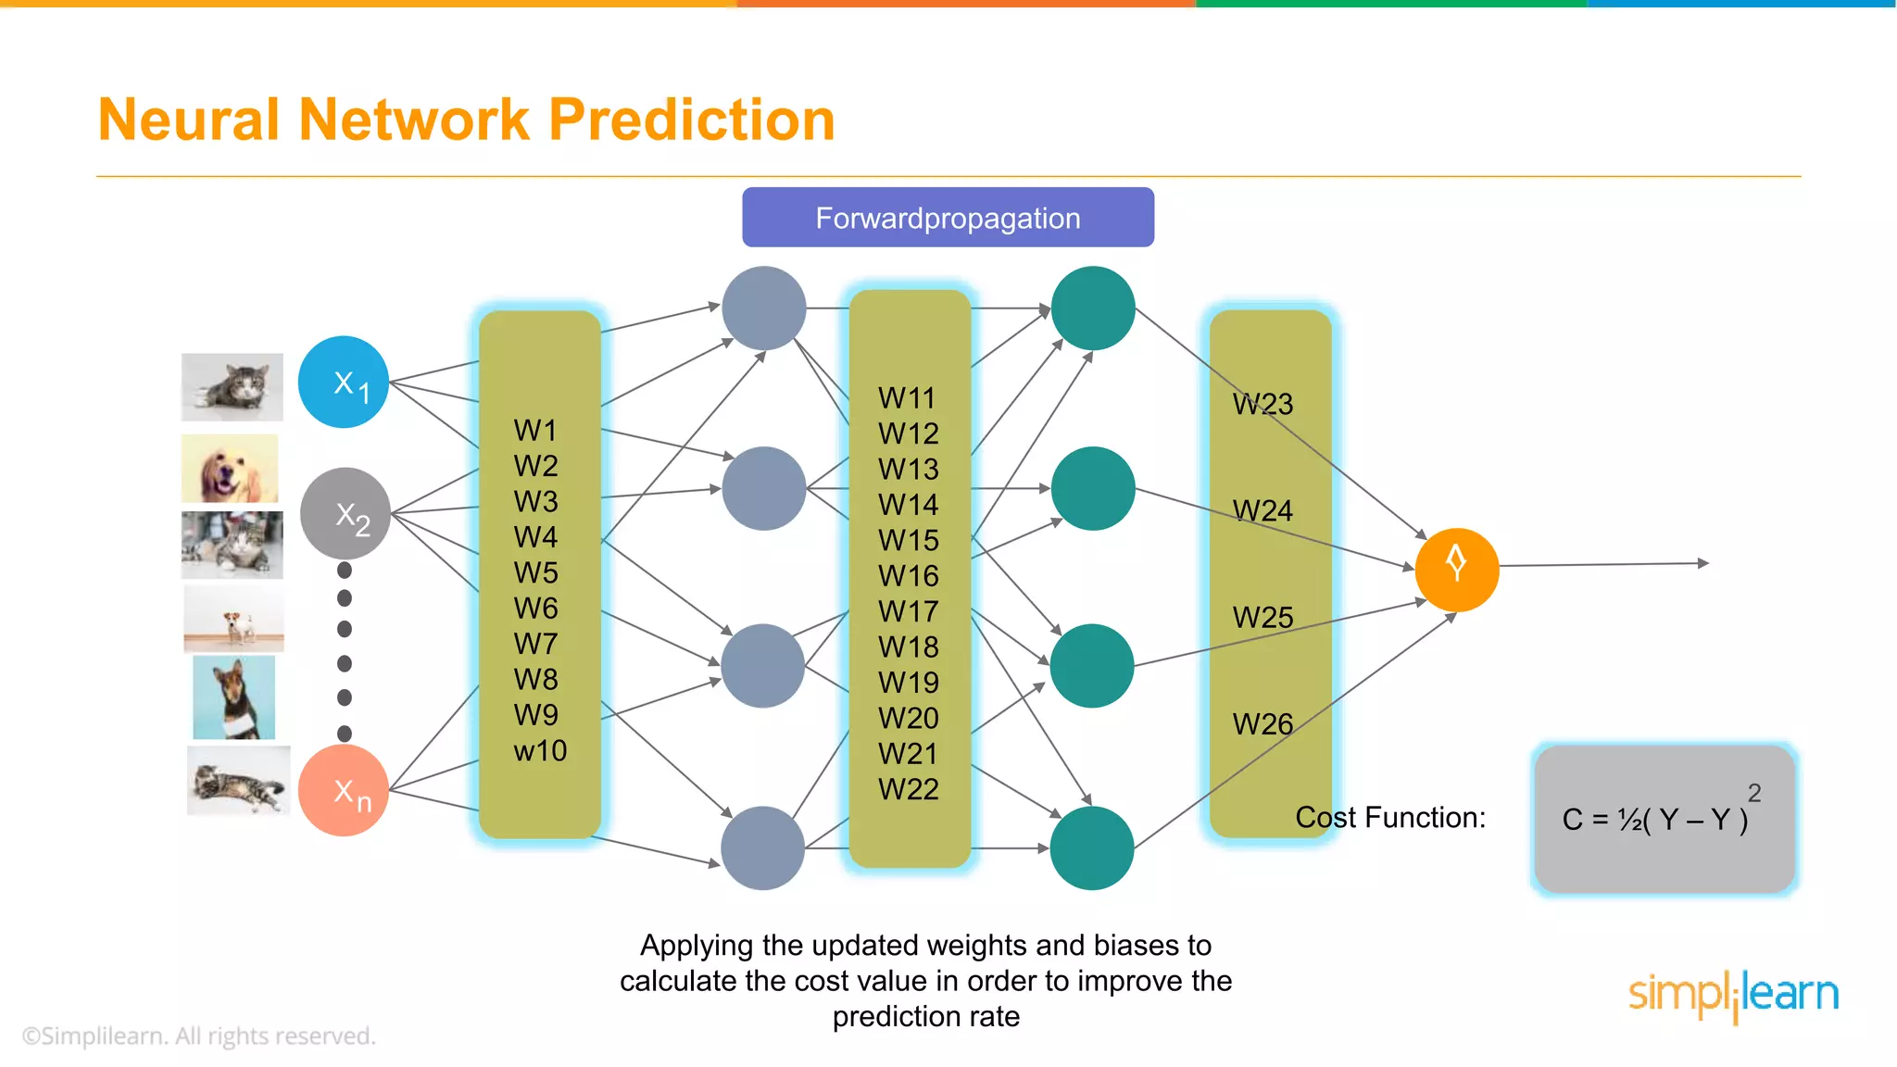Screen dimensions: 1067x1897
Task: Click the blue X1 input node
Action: pyautogui.click(x=344, y=382)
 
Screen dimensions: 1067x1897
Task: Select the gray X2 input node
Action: pyautogui.click(x=345, y=513)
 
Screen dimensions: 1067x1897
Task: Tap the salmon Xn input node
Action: pyautogui.click(x=344, y=790)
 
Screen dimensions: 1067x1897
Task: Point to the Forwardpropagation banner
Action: pyautogui.click(x=948, y=218)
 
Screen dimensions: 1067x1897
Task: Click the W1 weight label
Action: pyautogui.click(x=535, y=430)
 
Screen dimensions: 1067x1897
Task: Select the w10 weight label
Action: pyautogui.click(x=540, y=750)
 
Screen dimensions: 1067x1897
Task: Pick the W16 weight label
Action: pyautogui.click(x=908, y=575)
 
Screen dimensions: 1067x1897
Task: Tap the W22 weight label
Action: pyautogui.click(x=908, y=789)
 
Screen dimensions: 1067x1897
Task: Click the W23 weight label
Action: pyautogui.click(x=1263, y=404)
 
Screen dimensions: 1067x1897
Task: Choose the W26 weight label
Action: pyautogui.click(x=1263, y=723)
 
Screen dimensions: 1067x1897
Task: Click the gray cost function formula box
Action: pyautogui.click(x=1665, y=819)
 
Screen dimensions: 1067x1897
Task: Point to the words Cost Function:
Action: pyautogui.click(x=1389, y=817)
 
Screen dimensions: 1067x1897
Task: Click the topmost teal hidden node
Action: pyautogui.click(x=1093, y=308)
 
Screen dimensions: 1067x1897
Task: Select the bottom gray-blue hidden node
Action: pyautogui.click(x=763, y=847)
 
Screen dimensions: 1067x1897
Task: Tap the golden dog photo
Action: pyautogui.click(x=230, y=469)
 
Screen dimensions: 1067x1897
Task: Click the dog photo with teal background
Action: pyautogui.click(x=233, y=697)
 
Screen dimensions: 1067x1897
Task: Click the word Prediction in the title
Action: pyautogui.click(x=691, y=119)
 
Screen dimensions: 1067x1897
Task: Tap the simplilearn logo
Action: pyautogui.click(x=1733, y=995)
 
